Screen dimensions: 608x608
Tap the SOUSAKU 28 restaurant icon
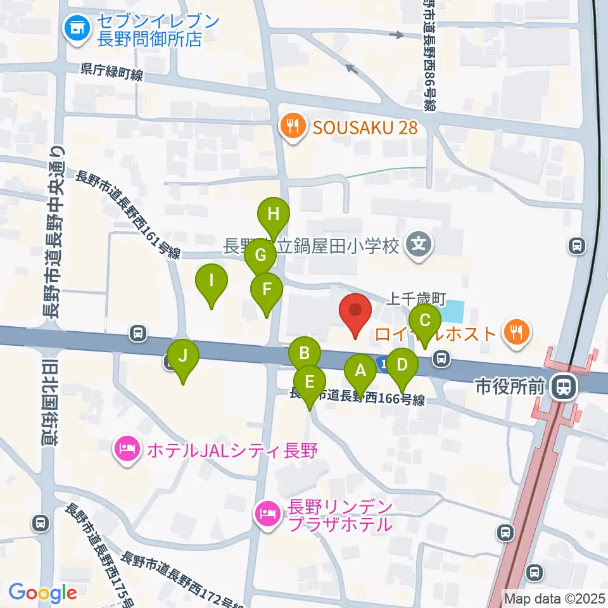click(x=291, y=127)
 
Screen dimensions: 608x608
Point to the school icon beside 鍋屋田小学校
click(x=419, y=244)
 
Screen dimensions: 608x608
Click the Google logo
click(x=43, y=593)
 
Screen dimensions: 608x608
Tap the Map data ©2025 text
click(x=555, y=598)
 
